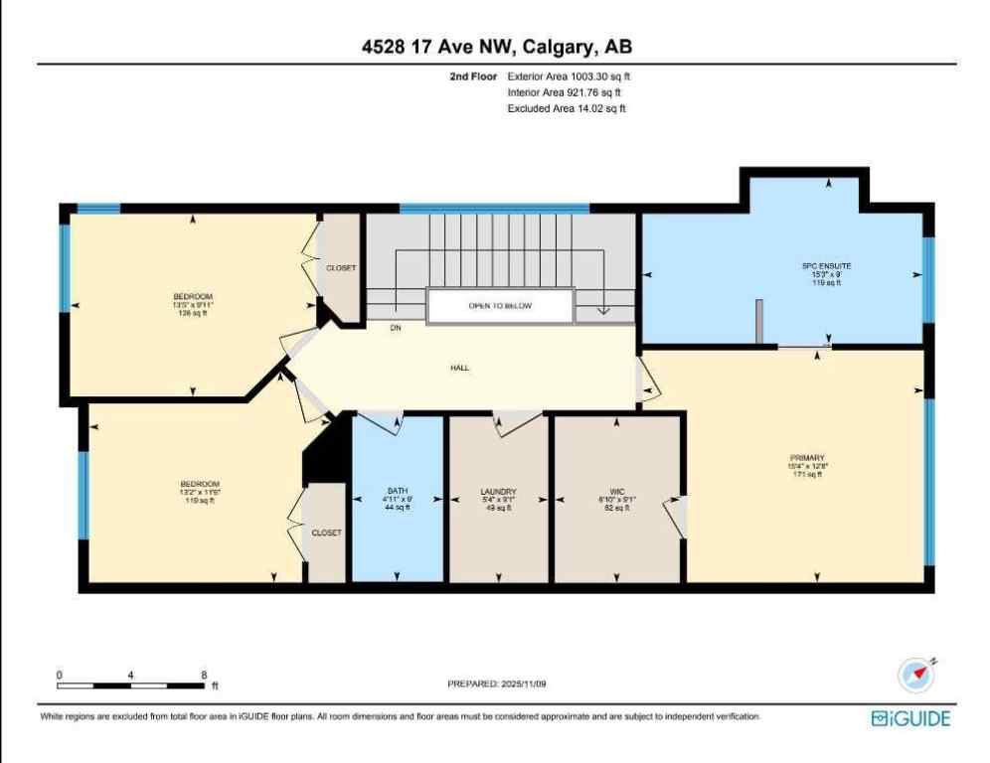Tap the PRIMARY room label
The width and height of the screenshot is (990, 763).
click(806, 458)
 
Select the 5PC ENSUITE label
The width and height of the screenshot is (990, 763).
click(827, 266)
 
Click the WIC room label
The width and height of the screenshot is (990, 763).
click(616, 492)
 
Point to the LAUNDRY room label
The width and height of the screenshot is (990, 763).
click(498, 492)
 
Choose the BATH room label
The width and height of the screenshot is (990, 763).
click(398, 492)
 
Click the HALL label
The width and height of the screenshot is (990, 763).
click(459, 368)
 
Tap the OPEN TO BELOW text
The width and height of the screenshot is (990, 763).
click(500, 305)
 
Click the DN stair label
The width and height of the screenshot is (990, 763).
click(395, 326)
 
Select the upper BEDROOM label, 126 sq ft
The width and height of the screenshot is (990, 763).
click(193, 297)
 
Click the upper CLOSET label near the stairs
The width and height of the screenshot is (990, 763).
click(341, 268)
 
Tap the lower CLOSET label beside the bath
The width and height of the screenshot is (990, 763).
click(326, 533)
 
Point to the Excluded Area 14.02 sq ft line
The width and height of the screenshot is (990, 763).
click(567, 109)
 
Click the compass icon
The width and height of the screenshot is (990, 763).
click(916, 676)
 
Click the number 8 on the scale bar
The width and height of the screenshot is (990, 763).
click(204, 675)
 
